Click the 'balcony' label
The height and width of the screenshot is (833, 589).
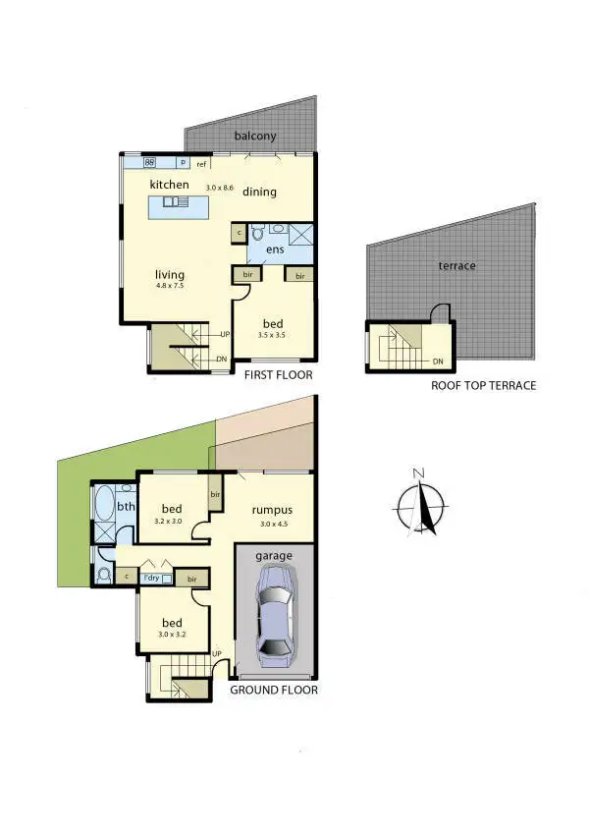pos(254,137)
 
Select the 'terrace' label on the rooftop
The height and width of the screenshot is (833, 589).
pos(456,266)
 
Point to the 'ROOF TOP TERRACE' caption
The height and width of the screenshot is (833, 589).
pos(483,385)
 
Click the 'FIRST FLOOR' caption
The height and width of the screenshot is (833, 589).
pos(279,374)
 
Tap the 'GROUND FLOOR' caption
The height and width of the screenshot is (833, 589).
pos(274,690)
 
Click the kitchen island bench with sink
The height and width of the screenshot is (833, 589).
pos(180,206)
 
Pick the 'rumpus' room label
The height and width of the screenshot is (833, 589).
pos(272,510)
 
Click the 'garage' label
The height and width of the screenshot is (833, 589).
pos(274,555)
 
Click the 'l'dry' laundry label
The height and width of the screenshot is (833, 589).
pos(152,578)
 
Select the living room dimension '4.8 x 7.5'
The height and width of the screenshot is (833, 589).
pos(170,286)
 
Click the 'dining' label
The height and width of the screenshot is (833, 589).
pos(259,192)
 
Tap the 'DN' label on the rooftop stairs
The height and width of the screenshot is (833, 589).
pos(437,361)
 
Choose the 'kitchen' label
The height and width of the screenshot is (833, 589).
pos(169,184)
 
